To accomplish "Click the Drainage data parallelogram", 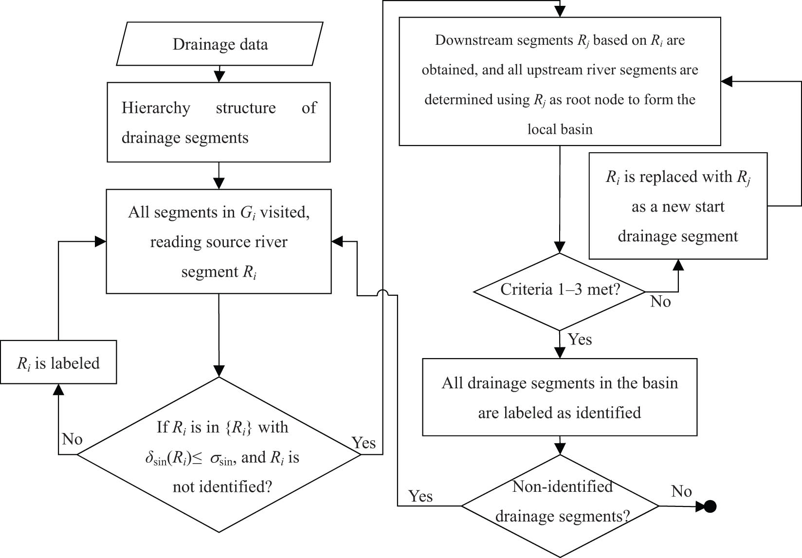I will tap(219, 44).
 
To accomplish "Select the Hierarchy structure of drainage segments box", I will tap(219, 122).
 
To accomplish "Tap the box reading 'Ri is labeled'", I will tap(58, 362).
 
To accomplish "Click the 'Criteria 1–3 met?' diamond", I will tap(560, 291).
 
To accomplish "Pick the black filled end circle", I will tap(710, 506).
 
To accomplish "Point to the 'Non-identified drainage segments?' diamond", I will tap(560, 506).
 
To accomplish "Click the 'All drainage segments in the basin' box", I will tap(560, 397).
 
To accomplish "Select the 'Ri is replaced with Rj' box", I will tap(678, 206).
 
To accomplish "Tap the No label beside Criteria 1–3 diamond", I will tap(660, 302).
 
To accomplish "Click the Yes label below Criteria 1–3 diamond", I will tap(580, 339).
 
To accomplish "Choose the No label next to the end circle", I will tap(681, 491).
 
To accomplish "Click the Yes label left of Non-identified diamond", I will tap(420, 496).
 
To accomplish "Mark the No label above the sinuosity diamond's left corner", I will tap(72, 439).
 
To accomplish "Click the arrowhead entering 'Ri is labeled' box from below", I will tap(58, 389).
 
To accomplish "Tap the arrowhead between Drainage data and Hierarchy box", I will tap(219, 77).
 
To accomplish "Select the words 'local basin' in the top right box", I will tap(560, 129).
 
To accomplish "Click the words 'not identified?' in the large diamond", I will tap(222, 486).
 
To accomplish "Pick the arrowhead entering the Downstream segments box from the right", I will tap(727, 82).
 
